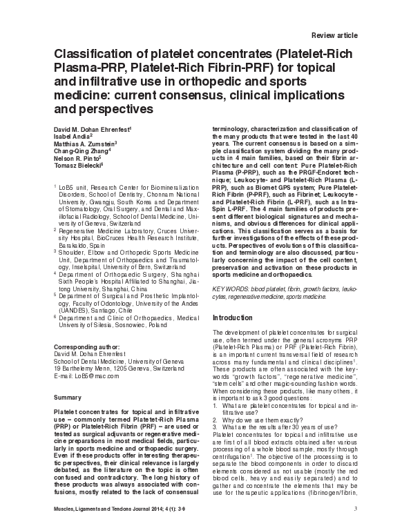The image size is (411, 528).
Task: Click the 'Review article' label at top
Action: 335,34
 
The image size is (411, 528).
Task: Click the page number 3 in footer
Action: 354,511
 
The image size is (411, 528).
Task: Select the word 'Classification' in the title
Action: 92,56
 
